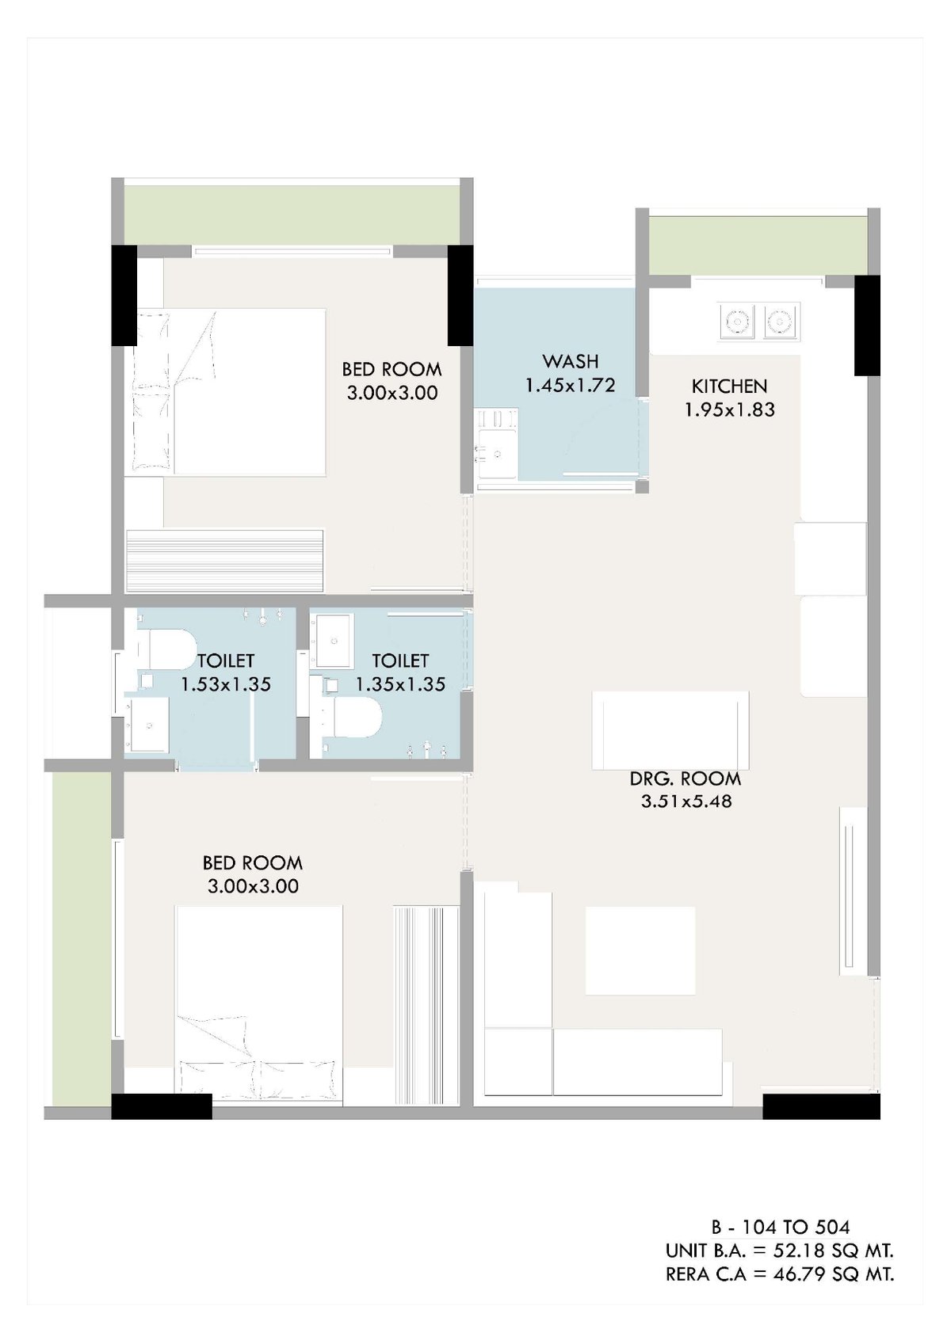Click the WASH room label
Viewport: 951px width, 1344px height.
coord(571,361)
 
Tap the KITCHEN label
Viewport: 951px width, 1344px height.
coord(729,386)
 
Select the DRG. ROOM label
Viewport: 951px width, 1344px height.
coord(686,779)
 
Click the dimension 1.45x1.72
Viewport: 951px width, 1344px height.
coord(571,385)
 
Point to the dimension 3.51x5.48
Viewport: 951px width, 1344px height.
coord(686,801)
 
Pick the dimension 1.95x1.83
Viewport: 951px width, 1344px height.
coord(729,409)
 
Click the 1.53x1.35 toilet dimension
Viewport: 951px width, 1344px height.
coord(227,684)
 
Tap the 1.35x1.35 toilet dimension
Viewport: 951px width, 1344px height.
coord(400,684)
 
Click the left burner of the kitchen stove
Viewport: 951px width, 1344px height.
coord(737,322)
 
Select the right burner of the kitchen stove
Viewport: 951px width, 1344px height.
coord(781,322)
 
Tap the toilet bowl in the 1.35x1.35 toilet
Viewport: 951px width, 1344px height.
coord(353,718)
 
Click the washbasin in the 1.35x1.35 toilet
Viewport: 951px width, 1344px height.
coord(334,642)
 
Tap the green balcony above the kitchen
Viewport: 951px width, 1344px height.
coord(758,246)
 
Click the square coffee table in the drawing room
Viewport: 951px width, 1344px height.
coord(640,950)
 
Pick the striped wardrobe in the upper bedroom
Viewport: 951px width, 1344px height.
coord(225,561)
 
